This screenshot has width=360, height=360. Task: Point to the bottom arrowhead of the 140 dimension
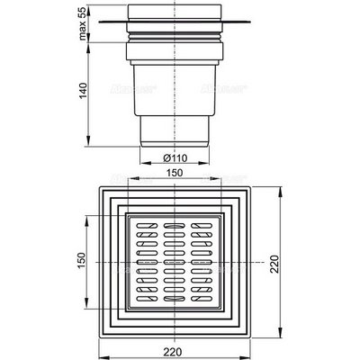[x=89, y=140]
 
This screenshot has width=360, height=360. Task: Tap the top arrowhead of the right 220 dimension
[x=273, y=189]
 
